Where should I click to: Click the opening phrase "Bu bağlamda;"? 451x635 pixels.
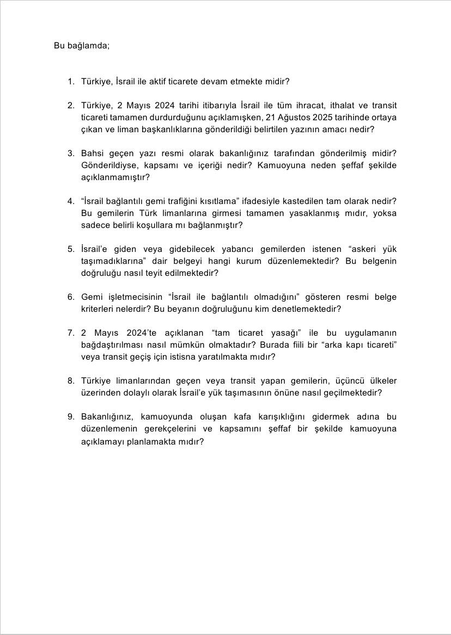click(82, 46)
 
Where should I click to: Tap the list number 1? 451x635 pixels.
click(70, 82)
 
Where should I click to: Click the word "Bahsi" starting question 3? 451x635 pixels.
click(92, 153)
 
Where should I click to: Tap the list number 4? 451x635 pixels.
click(70, 201)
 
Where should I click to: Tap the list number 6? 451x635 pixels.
click(70, 297)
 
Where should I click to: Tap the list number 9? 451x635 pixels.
click(70, 417)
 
